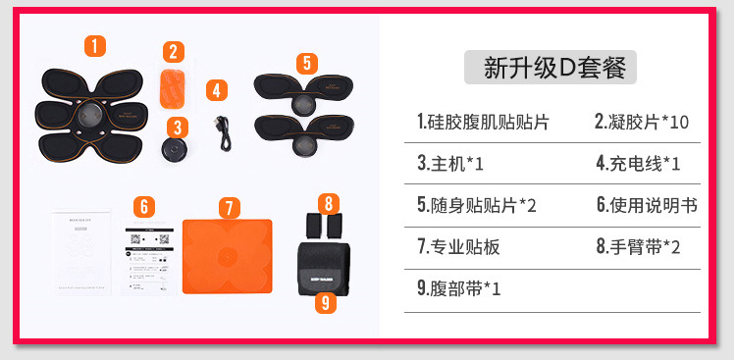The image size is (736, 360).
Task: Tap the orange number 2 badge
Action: click(x=173, y=51)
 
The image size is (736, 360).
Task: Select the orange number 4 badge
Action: click(x=217, y=90)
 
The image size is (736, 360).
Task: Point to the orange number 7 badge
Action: click(x=228, y=208)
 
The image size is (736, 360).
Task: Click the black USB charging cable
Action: click(x=224, y=131)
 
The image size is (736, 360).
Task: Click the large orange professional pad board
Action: click(x=228, y=253)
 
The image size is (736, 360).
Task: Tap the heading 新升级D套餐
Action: click(x=552, y=68)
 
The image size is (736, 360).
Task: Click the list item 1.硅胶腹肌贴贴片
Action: click(x=483, y=122)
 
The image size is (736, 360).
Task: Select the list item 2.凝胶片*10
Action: click(x=642, y=122)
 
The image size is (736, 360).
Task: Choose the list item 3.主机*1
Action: click(x=451, y=163)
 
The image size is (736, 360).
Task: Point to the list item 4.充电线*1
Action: click(x=638, y=163)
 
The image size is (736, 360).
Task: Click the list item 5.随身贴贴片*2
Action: click(x=477, y=205)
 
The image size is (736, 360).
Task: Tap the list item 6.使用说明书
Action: click(x=647, y=205)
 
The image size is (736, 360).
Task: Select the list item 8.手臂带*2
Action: click(x=638, y=247)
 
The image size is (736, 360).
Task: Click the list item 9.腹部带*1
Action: click(x=459, y=289)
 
